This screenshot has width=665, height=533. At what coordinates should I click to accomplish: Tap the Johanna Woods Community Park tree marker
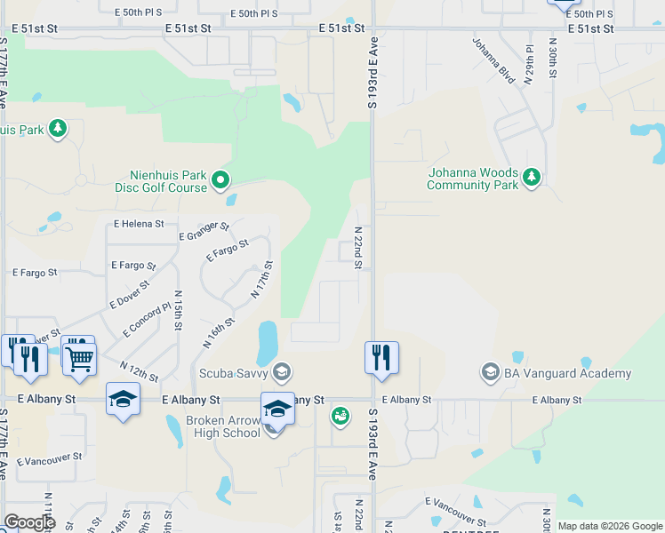click(x=532, y=179)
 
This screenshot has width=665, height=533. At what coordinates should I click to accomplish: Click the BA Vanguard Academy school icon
click(x=490, y=373)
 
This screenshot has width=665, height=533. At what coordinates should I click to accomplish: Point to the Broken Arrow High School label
click(x=222, y=426)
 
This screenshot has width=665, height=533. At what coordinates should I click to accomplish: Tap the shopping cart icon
click(x=80, y=359)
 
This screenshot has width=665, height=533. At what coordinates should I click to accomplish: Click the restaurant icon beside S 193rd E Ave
click(x=381, y=357)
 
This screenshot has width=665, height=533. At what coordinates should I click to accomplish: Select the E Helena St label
click(x=139, y=225)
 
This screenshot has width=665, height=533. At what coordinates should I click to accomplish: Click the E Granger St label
click(x=204, y=232)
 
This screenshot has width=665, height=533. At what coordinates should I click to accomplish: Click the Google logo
click(x=29, y=522)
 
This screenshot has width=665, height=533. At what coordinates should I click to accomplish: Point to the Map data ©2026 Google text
click(x=610, y=526)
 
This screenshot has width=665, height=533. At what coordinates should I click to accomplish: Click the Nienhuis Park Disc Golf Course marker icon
click(x=220, y=181)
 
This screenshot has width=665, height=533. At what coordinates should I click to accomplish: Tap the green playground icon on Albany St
click(x=341, y=415)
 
